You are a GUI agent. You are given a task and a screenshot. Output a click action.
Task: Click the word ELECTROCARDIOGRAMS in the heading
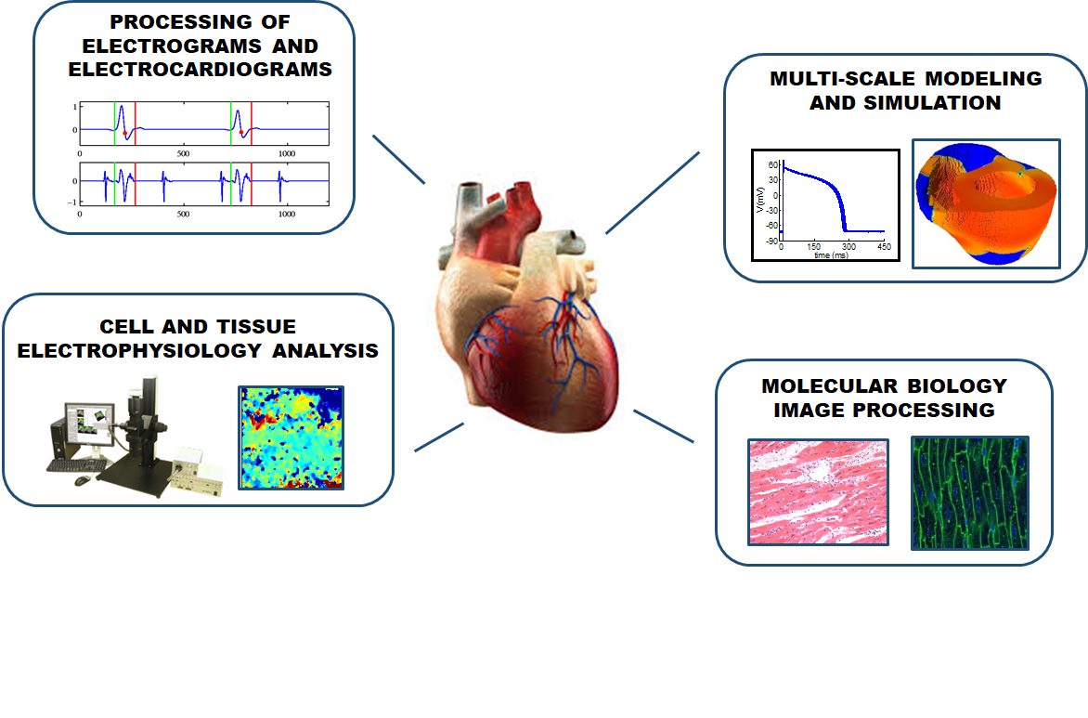[200, 70]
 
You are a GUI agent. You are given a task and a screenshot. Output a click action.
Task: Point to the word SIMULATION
[932, 103]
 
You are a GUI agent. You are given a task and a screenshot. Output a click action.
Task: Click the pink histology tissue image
[818, 491]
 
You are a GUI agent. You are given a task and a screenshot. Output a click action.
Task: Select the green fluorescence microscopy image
[969, 493]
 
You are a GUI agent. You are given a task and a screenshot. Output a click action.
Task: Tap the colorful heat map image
[291, 438]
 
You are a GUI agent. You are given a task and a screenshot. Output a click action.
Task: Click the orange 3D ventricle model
[986, 203]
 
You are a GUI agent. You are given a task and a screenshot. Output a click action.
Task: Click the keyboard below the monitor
[78, 466]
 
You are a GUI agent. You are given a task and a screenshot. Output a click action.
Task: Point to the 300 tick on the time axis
[848, 246]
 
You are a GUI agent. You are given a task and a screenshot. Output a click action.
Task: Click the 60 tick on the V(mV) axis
[773, 165]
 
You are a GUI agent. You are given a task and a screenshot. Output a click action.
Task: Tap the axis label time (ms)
[831, 255]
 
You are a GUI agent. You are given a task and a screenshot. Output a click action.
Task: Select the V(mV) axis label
[760, 200]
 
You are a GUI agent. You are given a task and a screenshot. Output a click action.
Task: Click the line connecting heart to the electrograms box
[398, 160]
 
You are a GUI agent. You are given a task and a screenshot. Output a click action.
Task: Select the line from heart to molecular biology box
[664, 425]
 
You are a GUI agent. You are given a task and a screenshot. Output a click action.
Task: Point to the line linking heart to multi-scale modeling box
[653, 193]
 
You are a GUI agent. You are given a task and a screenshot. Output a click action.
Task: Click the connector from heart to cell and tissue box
[439, 437]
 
